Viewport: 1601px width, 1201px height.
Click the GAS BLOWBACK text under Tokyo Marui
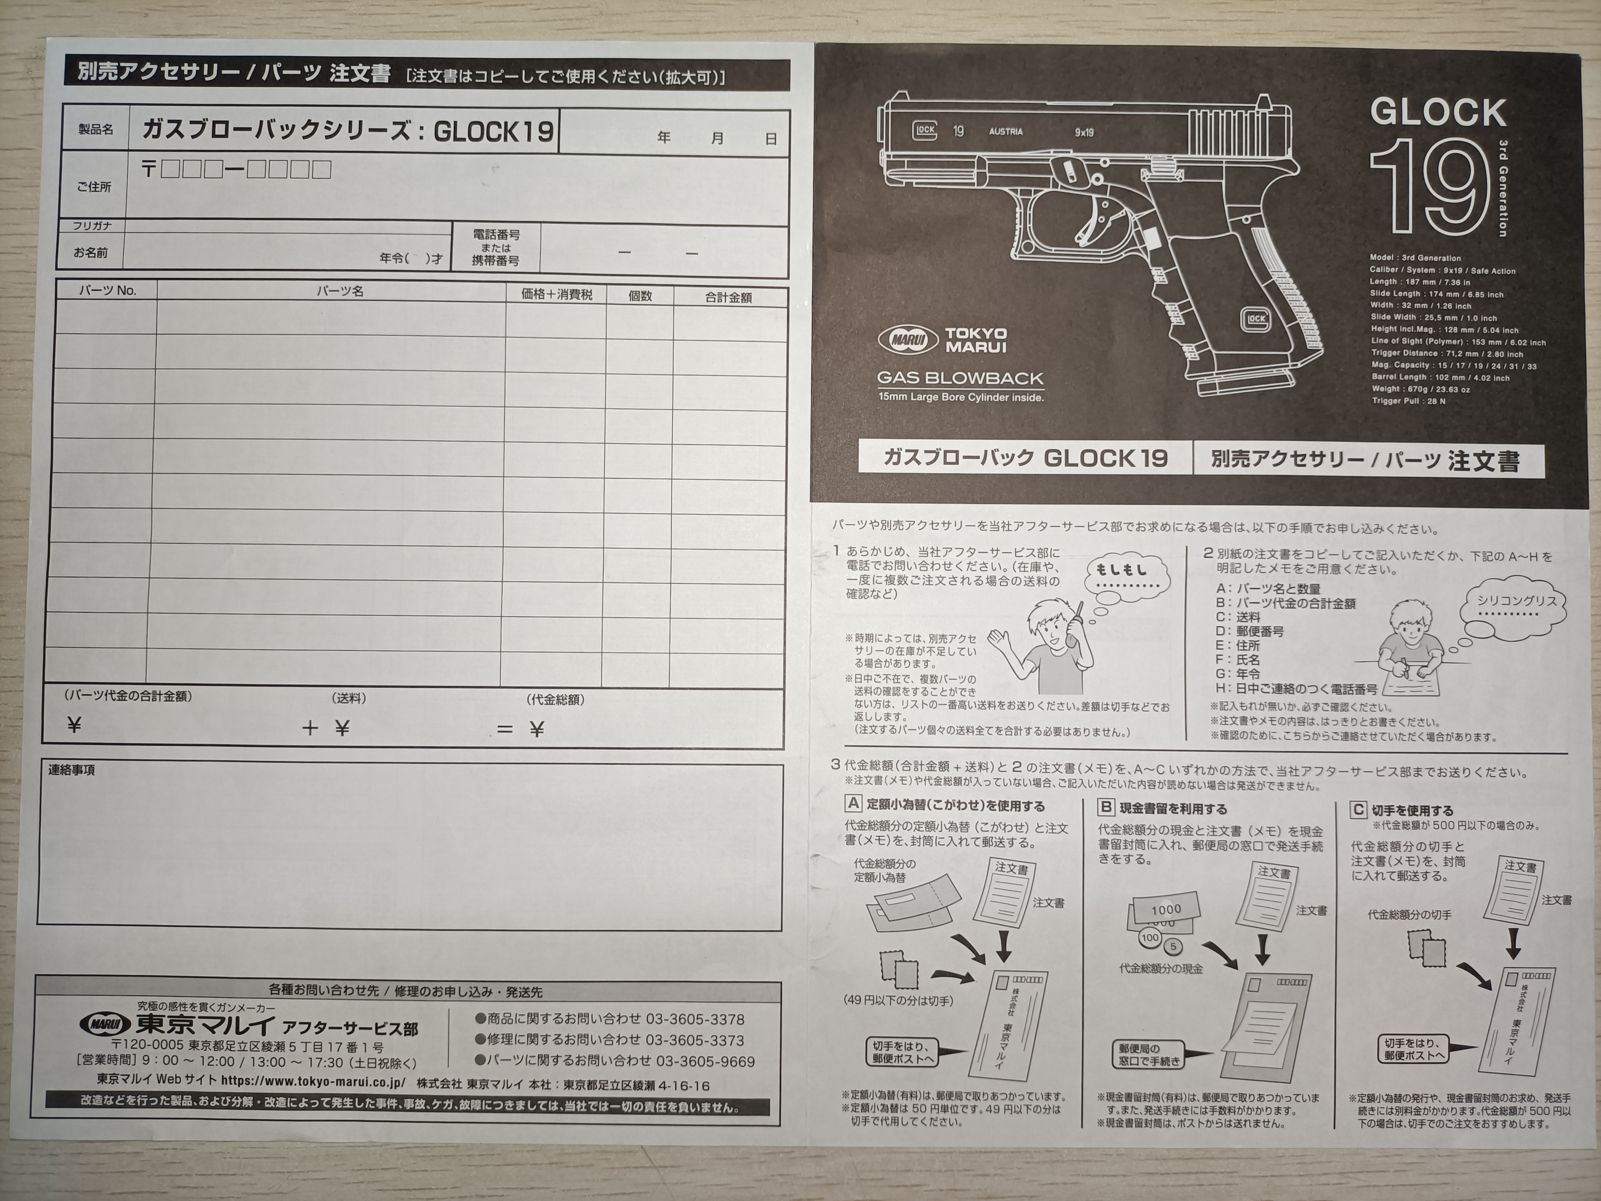point(960,378)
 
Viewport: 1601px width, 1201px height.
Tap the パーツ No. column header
point(107,290)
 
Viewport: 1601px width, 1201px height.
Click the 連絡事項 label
point(72,769)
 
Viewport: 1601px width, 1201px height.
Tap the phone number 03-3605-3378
point(695,1019)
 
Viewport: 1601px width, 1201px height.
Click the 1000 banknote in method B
point(1165,908)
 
